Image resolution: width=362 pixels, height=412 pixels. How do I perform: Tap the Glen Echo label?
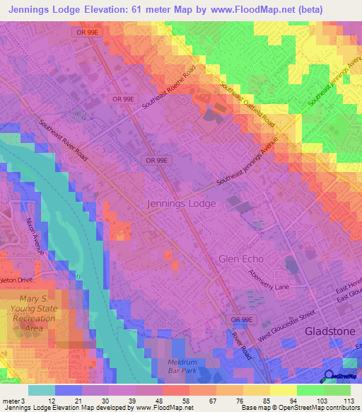click(245, 259)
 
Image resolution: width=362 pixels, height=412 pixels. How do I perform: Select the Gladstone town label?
click(328, 331)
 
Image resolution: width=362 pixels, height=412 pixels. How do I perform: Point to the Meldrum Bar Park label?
click(177, 365)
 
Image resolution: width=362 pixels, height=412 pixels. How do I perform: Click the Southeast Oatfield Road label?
click(247, 103)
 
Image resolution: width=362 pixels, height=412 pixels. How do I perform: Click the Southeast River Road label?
click(63, 139)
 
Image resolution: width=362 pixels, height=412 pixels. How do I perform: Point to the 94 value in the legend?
click(293, 401)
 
